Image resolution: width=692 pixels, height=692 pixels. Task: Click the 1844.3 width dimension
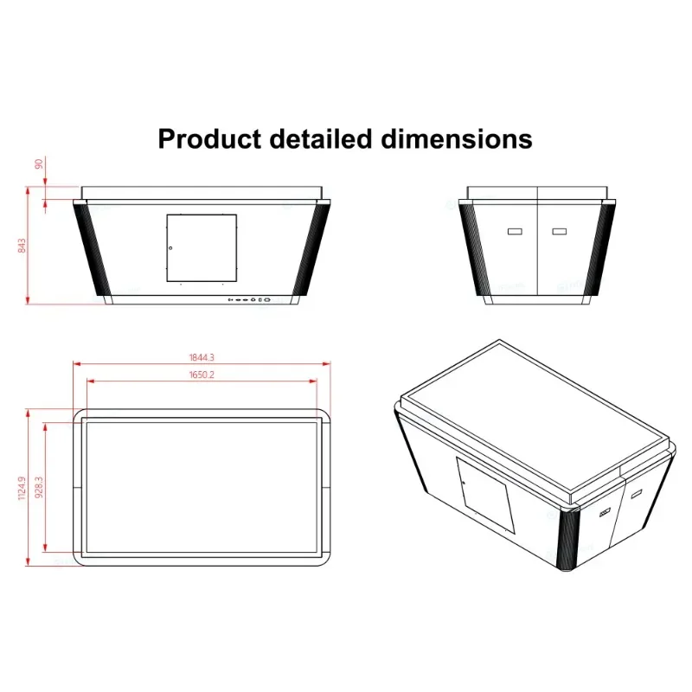[201, 357]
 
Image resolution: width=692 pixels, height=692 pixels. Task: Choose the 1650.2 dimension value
[201, 375]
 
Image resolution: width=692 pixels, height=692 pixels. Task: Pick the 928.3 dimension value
[39, 487]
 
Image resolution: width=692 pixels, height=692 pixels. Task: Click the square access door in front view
[201, 248]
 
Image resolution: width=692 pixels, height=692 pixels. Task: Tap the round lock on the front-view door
[170, 249]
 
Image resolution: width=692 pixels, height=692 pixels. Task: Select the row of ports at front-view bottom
[250, 301]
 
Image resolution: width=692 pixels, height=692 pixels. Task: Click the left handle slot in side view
[515, 232]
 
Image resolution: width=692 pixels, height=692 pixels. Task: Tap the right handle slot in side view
[559, 232]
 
